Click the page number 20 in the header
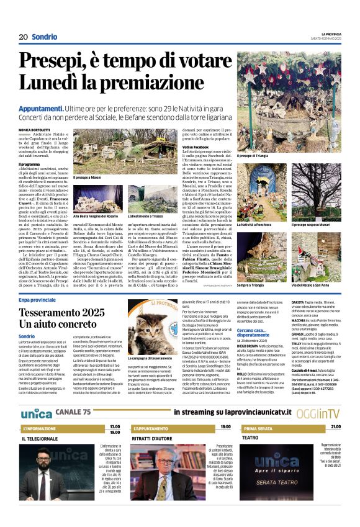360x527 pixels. (23, 37)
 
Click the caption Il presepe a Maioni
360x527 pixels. (88, 178)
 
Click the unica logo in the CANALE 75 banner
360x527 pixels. (36, 413)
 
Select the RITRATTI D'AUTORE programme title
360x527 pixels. (157, 438)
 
